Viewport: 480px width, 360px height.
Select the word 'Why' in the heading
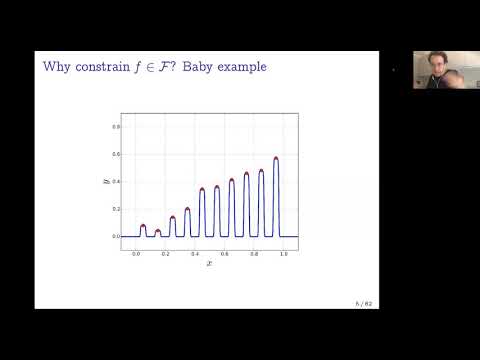(x=56, y=66)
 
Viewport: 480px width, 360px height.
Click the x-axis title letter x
(x=209, y=263)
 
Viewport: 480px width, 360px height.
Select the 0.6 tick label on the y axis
(x=116, y=155)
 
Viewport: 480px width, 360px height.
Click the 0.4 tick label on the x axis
(x=195, y=253)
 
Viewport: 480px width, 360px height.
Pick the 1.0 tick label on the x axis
(x=283, y=253)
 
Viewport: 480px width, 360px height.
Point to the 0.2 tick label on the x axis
(x=165, y=253)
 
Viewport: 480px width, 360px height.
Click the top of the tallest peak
(x=275, y=158)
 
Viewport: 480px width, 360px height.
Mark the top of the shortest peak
(x=157, y=231)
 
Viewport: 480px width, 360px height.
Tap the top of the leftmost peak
(x=143, y=226)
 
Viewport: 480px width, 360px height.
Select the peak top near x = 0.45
(x=202, y=189)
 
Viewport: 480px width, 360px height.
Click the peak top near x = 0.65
(x=231, y=180)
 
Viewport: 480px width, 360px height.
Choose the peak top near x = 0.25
(x=172, y=217)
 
